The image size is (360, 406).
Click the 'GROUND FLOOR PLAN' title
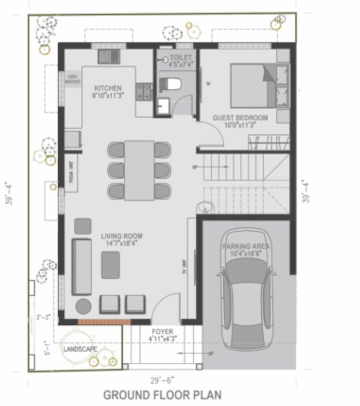point(162,394)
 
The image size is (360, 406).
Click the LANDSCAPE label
point(80,348)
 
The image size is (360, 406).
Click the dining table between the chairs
point(139,170)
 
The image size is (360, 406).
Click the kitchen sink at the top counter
point(109,57)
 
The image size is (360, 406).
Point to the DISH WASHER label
point(71,79)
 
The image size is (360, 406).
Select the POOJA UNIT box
point(71,172)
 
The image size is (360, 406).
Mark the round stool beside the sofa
point(82,305)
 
